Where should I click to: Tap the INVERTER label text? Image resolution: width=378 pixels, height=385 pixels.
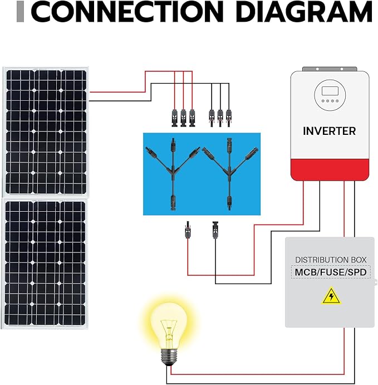click(x=329, y=131)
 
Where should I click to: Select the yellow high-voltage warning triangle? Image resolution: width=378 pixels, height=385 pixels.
click(x=331, y=295)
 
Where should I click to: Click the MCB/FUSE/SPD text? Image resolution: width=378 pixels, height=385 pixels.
click(x=331, y=273)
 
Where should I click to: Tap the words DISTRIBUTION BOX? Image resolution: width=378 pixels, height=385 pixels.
click(x=331, y=260)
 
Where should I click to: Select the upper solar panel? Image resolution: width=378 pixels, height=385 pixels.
click(x=46, y=131)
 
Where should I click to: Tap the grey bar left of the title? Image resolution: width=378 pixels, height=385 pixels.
click(x=21, y=12)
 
